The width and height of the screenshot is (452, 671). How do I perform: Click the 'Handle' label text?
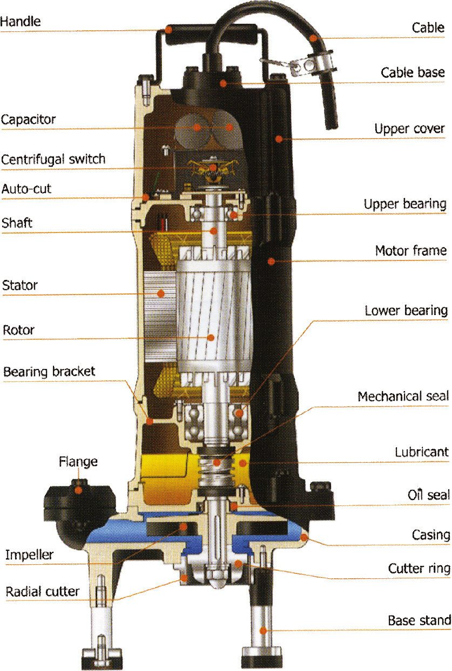(21, 22)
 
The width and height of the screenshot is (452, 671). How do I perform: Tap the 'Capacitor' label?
(28, 119)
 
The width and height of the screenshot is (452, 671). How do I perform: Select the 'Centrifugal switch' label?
(53, 159)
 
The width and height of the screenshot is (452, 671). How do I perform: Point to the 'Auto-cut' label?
(26, 189)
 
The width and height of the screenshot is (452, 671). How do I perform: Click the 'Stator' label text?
(20, 284)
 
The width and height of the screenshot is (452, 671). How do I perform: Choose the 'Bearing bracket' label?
(49, 372)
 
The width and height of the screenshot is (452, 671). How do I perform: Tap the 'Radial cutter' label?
(43, 591)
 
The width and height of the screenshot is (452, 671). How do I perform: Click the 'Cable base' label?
(413, 72)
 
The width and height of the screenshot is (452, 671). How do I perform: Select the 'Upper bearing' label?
(405, 204)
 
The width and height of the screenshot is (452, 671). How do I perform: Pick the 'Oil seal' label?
(428, 494)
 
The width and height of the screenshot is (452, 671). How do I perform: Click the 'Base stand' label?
(419, 620)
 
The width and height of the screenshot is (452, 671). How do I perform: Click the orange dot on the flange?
(79, 490)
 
